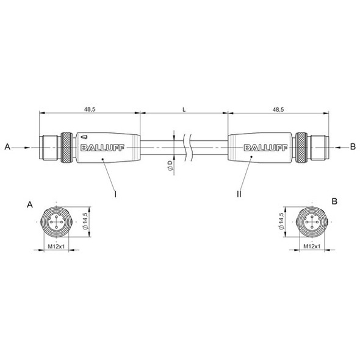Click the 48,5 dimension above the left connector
tap(90, 109)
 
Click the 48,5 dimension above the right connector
tap(278, 109)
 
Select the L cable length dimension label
tap(184, 109)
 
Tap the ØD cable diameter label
tap(170, 165)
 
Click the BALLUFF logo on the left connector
tap(103, 148)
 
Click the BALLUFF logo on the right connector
tap(265, 148)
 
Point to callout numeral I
tap(115, 194)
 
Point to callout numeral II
tap(239, 194)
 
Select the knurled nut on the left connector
tap(67, 148)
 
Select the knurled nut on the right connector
tap(301, 148)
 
